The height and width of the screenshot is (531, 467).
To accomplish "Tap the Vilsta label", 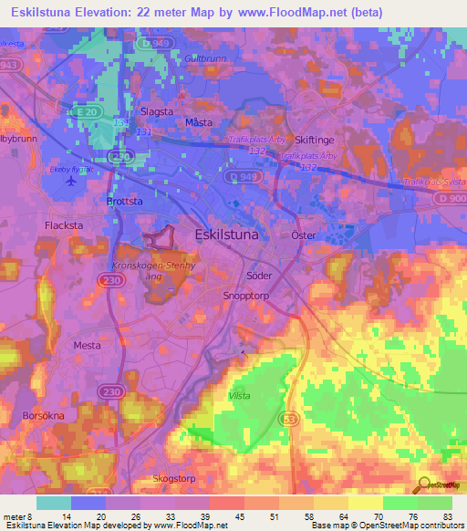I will (x=239, y=395).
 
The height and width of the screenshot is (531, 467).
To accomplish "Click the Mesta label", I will (x=88, y=346).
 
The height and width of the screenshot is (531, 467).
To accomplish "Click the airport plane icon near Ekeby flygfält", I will (x=71, y=180).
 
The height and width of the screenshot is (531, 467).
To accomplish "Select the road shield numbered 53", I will (x=291, y=417).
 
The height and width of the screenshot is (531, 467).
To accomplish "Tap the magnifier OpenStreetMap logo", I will (x=424, y=484).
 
